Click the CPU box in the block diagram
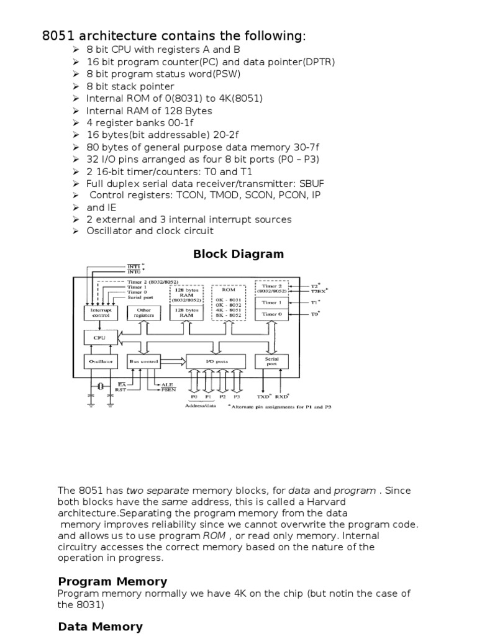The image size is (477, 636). [x=99, y=337]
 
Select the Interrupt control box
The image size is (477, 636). [x=100, y=312]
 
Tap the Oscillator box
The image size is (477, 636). [x=99, y=361]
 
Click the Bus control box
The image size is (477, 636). [x=143, y=361]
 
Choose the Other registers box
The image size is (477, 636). [x=143, y=312]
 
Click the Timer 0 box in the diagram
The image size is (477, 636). [x=271, y=314]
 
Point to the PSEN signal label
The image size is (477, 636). [x=168, y=390]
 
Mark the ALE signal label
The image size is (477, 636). [x=167, y=384]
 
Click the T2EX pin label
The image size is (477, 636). [x=318, y=290]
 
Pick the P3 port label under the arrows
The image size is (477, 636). [x=235, y=396]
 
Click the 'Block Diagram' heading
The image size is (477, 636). [x=238, y=253]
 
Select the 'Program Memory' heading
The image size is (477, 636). [x=112, y=581]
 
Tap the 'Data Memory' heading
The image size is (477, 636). [x=100, y=627]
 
